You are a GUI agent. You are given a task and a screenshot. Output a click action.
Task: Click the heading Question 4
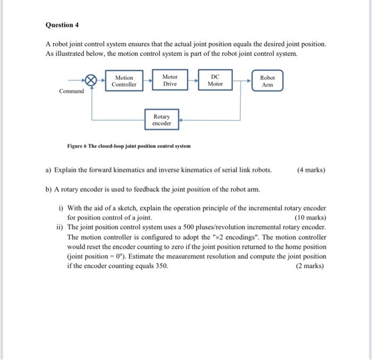pyautogui.click(x=62, y=25)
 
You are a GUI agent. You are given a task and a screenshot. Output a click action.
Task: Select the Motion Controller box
pyautogui.click(x=124, y=81)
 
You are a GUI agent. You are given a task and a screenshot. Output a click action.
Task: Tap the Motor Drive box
pyautogui.click(x=170, y=80)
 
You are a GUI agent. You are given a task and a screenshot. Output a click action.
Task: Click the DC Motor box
pyautogui.click(x=215, y=80)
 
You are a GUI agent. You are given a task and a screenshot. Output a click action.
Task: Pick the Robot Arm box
pyautogui.click(x=267, y=81)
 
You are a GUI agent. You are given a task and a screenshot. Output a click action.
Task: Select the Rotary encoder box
pyautogui.click(x=162, y=120)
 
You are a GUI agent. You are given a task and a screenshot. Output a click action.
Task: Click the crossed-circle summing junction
pyautogui.click(x=91, y=81)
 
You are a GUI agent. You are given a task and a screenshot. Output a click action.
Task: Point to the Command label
pyautogui.click(x=71, y=91)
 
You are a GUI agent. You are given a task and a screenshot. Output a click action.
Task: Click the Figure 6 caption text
pyautogui.click(x=129, y=146)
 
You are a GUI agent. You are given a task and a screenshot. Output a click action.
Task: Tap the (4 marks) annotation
pyautogui.click(x=311, y=170)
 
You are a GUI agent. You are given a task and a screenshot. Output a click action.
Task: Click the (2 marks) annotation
pyautogui.click(x=311, y=266)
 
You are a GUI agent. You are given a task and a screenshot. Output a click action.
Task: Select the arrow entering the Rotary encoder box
pyautogui.click(x=181, y=120)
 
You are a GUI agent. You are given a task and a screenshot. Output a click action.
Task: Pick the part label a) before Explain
pyautogui.click(x=48, y=170)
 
